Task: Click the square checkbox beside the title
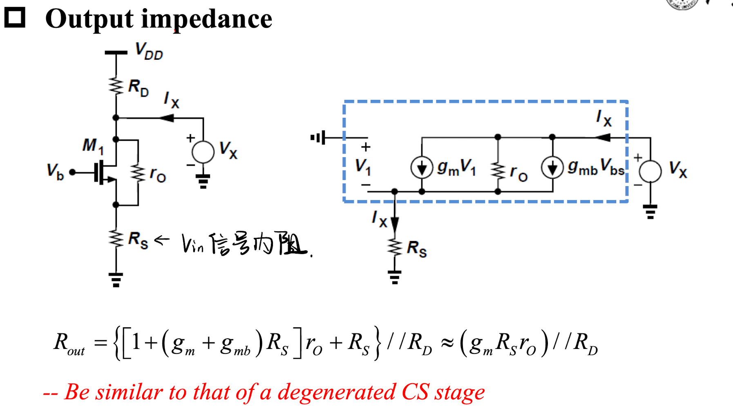[x=15, y=18]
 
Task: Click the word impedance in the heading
[x=206, y=19]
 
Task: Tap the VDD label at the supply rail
[x=149, y=52]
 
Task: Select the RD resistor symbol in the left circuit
[x=116, y=86]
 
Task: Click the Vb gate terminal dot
[x=72, y=172]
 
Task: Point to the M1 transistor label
[x=93, y=146]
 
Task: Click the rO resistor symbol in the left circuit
[x=138, y=173]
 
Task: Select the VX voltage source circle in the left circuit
[x=203, y=152]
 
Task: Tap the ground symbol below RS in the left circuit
[x=116, y=280]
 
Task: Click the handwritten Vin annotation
[x=192, y=244]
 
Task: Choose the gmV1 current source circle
[x=422, y=167]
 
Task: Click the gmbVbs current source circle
[x=552, y=167]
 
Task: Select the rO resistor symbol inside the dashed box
[x=498, y=171]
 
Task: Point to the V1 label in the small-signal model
[x=363, y=166]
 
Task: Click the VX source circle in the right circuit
[x=650, y=171]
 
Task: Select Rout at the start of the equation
[x=69, y=343]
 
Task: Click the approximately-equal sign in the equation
[x=447, y=343]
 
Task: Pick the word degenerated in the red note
[x=336, y=392]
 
